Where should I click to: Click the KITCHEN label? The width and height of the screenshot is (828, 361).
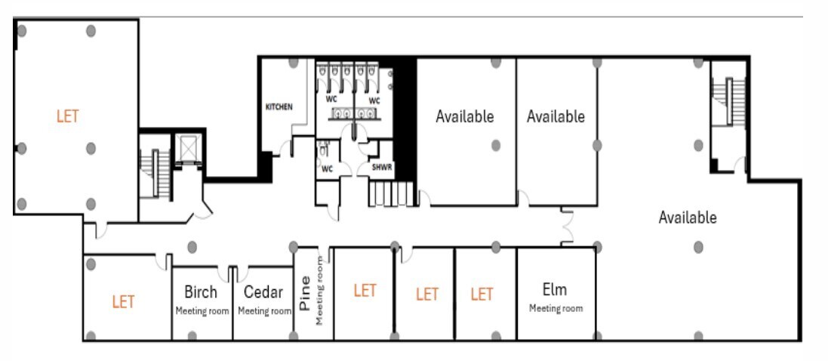pos(279,107)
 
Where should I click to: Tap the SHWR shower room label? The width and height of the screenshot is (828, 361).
pos(381,168)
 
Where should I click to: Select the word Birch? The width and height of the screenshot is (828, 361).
pos(201,292)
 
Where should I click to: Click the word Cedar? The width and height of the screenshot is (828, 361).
pos(263,292)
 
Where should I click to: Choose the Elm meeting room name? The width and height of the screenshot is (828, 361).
pos(555,289)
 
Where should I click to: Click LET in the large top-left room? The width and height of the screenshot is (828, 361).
pos(68,116)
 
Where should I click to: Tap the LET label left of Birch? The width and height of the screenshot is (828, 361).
pos(123,302)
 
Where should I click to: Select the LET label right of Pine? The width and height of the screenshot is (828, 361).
pos(365,291)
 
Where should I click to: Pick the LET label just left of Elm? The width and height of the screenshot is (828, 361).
pos(482,295)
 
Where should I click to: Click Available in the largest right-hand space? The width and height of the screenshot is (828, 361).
pos(687,218)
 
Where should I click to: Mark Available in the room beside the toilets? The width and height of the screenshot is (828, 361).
pos(465,116)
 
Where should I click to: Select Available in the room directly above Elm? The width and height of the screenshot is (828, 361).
pos(556,116)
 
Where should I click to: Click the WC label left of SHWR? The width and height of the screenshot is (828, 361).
pos(327,168)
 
